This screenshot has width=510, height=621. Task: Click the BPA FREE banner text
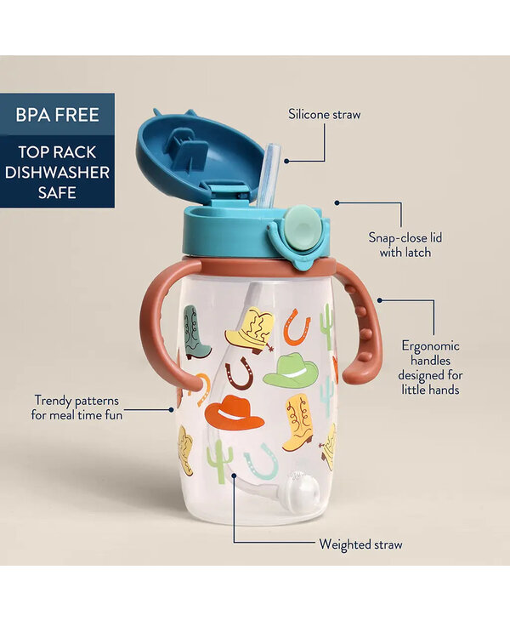pyautogui.click(x=56, y=115)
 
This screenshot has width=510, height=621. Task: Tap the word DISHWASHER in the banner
pyautogui.click(x=56, y=171)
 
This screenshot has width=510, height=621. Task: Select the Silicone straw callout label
pyautogui.click(x=324, y=113)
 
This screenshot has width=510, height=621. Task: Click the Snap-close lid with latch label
pyautogui.click(x=399, y=245)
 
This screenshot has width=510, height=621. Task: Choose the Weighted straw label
pyautogui.click(x=360, y=544)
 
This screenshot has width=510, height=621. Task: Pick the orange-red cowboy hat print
pyautogui.click(x=234, y=413)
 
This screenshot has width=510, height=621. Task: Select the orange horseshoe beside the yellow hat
pyautogui.click(x=297, y=326)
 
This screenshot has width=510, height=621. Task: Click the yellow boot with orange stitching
pyautogui.click(x=298, y=423)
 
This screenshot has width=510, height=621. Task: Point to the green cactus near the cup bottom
pyautogui.click(x=219, y=462)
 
